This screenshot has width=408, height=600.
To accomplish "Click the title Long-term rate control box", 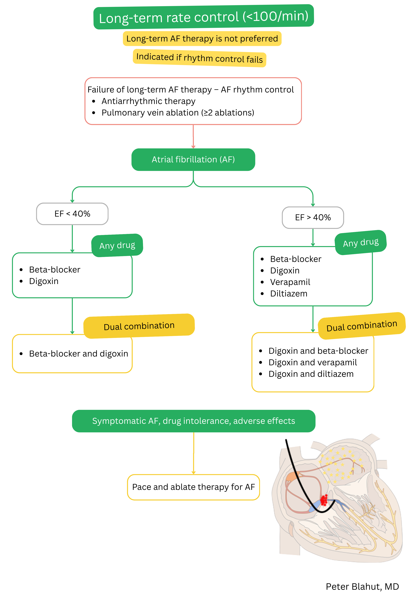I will point(204,17).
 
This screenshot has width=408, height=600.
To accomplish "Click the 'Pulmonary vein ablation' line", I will point(178,113).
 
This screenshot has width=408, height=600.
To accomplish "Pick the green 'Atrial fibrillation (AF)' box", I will point(193,160).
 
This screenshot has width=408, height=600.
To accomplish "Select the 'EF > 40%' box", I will point(313,217).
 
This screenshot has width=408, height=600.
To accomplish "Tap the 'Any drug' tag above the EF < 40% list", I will point(117,245).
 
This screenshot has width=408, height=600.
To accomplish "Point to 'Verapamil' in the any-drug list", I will point(290,282).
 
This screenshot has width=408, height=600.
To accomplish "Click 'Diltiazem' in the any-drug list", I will point(288,294).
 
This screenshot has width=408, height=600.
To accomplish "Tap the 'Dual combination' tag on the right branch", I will point(361,326).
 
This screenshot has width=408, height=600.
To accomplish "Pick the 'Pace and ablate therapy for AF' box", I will point(193,487).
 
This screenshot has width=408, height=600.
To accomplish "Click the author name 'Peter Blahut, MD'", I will point(362,587).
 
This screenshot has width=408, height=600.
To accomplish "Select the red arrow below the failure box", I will point(193,137).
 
